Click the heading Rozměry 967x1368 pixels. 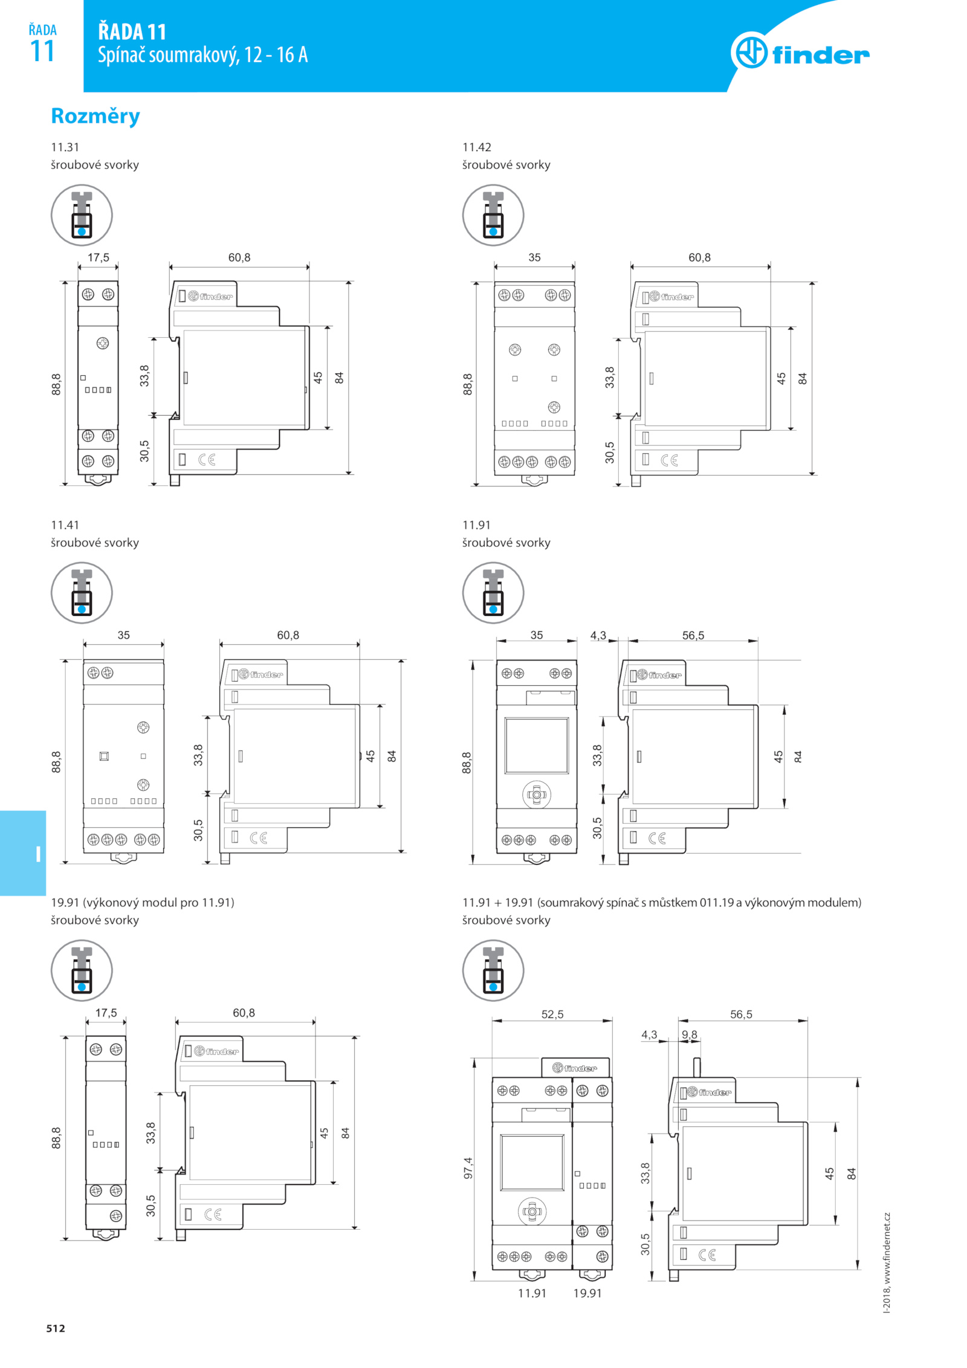point(95,116)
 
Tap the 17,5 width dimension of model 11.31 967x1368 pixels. point(99,257)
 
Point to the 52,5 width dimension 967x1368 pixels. point(552,1014)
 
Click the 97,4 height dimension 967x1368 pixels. point(468,1168)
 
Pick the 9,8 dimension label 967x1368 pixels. point(689,1034)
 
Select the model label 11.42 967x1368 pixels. point(477,147)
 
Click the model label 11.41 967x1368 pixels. point(65,525)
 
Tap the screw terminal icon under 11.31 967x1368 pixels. point(82,215)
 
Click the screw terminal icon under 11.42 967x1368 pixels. point(493,215)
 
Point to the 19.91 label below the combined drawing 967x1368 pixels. point(587,1293)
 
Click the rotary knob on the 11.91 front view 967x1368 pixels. point(537,795)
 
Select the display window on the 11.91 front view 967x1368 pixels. point(537,746)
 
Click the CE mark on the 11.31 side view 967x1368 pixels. point(207,460)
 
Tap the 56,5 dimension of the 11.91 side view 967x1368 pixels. point(693,636)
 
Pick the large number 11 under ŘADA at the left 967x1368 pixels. point(42,51)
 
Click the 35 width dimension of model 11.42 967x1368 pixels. point(534,257)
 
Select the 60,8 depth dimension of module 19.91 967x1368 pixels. point(244,1013)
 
